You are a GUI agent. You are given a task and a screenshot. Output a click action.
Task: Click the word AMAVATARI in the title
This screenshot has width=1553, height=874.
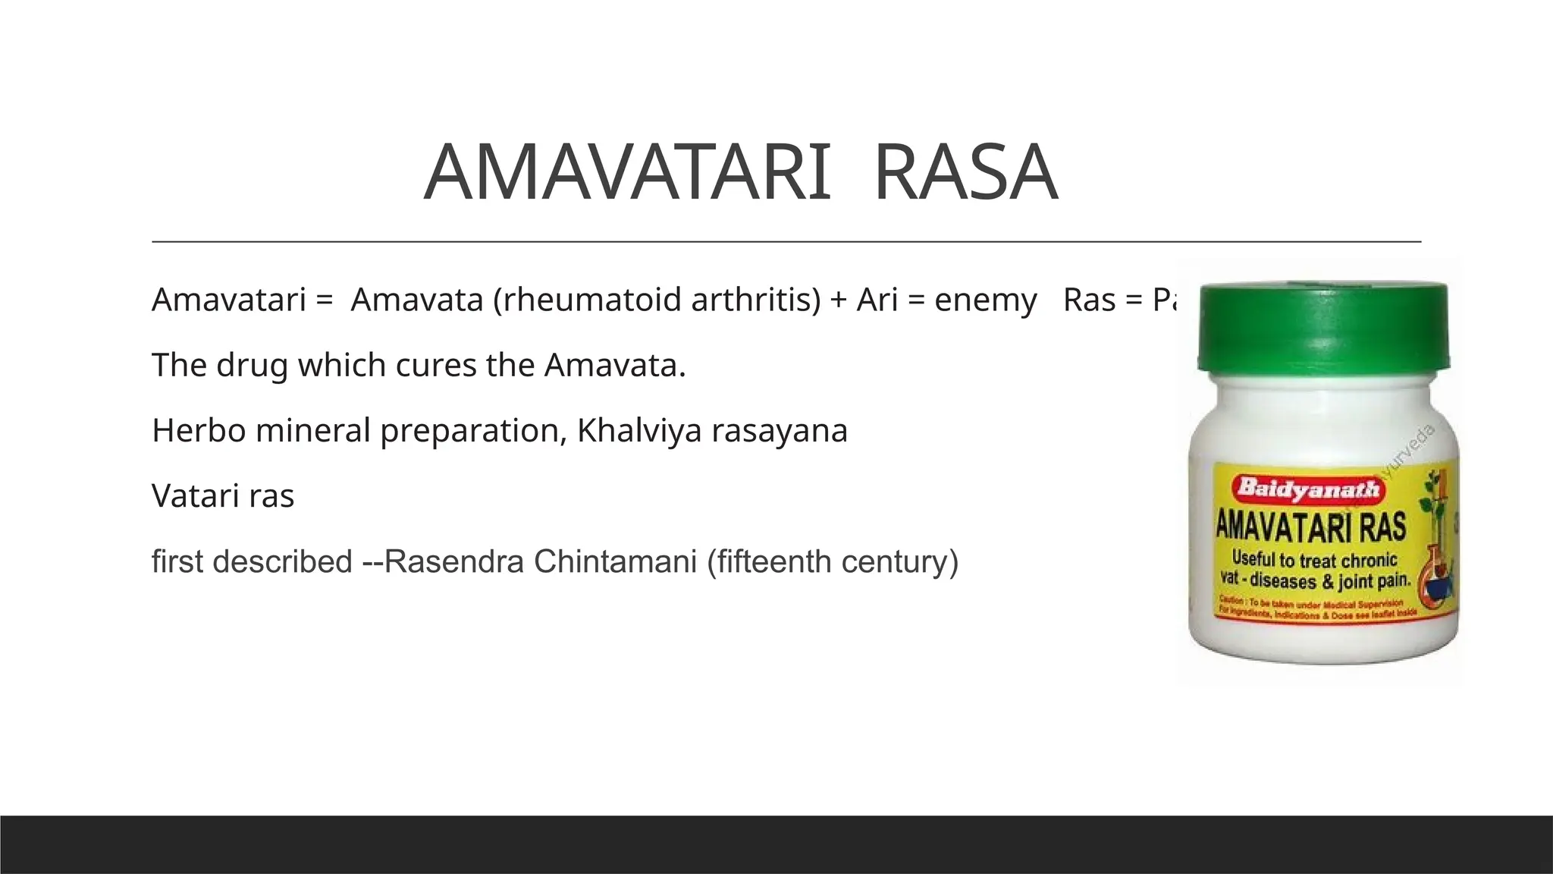pyautogui.click(x=626, y=173)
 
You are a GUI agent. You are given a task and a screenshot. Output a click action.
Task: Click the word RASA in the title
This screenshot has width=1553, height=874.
pyautogui.click(x=965, y=173)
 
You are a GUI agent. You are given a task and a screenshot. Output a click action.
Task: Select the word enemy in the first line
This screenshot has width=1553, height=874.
pyautogui.click(x=985, y=300)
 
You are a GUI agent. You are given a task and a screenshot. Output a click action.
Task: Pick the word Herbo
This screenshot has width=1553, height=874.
pyautogui.click(x=199, y=431)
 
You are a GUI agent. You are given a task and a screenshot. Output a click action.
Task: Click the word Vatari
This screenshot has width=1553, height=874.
pyautogui.click(x=195, y=497)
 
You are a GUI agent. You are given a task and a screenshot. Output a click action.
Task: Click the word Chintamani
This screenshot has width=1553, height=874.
pyautogui.click(x=615, y=562)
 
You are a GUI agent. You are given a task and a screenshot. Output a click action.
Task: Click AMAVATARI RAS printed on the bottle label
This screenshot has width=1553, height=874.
pyautogui.click(x=1311, y=527)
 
